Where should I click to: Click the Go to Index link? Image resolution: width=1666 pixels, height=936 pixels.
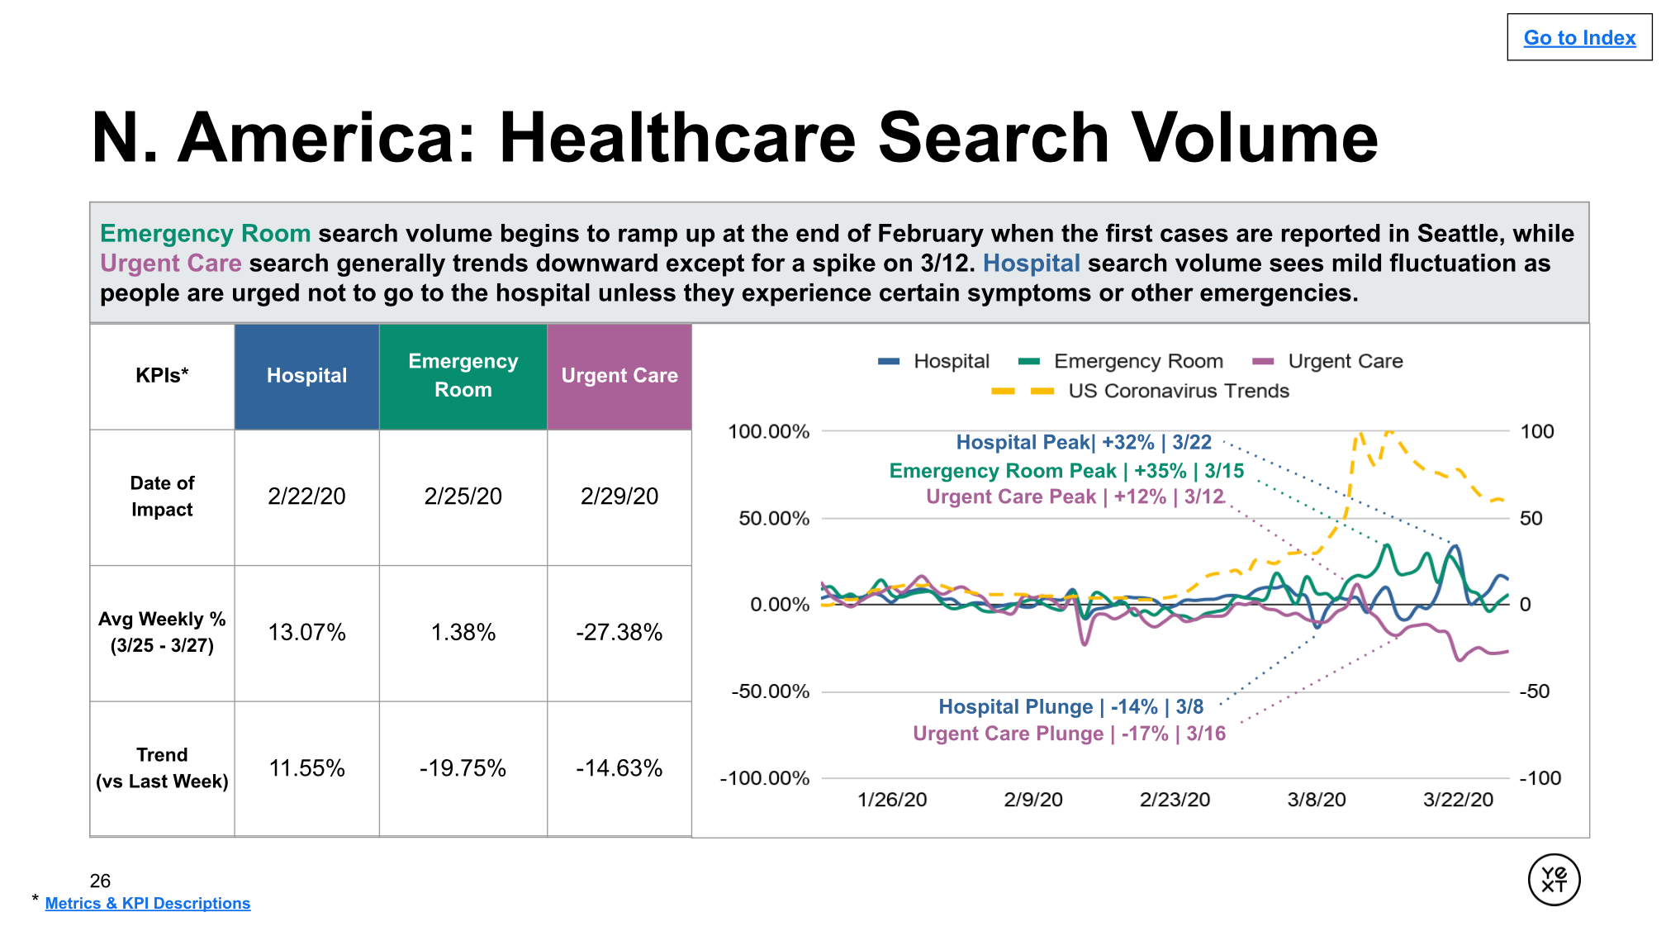[1578, 38]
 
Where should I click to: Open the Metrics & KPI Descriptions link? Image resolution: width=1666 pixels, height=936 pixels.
[147, 903]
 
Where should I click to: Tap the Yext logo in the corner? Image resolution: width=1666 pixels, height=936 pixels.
[1553, 880]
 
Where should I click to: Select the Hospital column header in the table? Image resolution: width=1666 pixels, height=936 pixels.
[306, 376]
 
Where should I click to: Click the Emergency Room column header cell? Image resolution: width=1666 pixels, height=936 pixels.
[463, 376]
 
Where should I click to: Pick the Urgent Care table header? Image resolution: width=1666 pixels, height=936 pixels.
[619, 376]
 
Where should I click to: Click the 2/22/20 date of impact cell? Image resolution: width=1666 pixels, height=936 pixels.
[306, 497]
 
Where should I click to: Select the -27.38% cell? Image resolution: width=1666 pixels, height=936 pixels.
[619, 633]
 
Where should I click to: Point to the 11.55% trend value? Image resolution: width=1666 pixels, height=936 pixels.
[306, 768]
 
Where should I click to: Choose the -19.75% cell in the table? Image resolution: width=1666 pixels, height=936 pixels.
[463, 768]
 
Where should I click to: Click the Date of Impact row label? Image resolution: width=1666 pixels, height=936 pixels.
[162, 497]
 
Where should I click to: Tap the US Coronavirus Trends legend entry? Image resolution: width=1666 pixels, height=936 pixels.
[1177, 391]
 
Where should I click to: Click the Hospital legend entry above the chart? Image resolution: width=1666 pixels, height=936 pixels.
[950, 361]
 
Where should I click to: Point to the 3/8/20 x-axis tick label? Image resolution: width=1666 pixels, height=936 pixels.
[1316, 800]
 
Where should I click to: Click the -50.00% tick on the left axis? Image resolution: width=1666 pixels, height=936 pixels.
[770, 691]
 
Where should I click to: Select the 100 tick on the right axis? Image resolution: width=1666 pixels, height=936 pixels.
[1536, 431]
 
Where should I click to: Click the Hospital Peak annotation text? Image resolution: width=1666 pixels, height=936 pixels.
[1083, 443]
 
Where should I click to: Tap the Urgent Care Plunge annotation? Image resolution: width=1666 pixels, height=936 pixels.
[1069, 734]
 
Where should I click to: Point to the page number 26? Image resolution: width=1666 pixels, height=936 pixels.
[100, 881]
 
